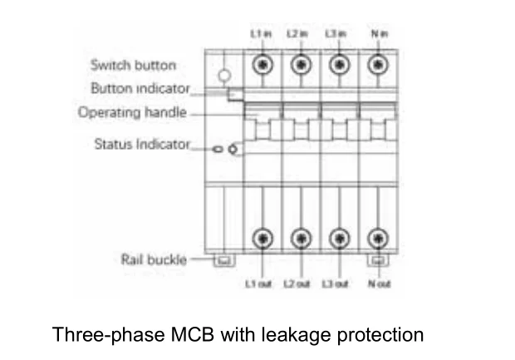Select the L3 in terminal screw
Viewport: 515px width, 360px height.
click(x=340, y=65)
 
